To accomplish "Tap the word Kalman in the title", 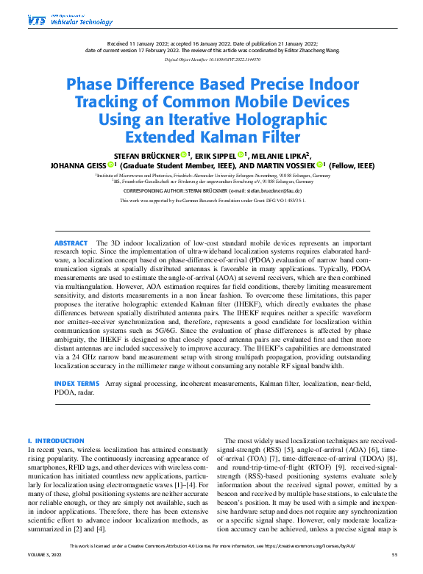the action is tap(246, 137).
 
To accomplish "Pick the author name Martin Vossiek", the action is tap(291, 166).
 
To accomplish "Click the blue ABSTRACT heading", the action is tap(70, 243).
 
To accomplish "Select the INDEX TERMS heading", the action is tap(77, 384).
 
